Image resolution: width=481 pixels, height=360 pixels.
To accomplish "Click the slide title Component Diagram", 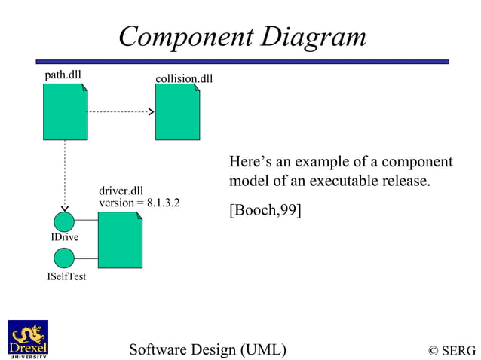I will pos(242,36).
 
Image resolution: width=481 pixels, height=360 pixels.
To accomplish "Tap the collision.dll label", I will pos(183,78).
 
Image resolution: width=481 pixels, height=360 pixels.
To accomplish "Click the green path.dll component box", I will pos(65,111).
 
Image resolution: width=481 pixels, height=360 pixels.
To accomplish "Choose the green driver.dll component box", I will pos(120,239).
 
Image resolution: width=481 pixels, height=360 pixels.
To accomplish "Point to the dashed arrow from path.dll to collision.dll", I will pos(121,112).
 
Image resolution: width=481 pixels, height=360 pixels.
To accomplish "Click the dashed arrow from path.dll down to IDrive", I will pos(65,173).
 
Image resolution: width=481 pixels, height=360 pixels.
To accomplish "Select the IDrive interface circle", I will pos(65,221).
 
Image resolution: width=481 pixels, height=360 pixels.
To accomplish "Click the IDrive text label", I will pos(65,238).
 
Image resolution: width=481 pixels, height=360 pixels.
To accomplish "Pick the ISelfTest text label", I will pos(66,276).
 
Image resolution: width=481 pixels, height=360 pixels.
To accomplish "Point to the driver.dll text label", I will pos(121,191).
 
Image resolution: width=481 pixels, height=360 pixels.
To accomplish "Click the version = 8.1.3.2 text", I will pos(139,203).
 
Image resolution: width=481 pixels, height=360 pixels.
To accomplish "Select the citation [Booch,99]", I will pos(265,210).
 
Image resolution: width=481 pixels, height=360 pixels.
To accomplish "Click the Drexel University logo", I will pos(28,340).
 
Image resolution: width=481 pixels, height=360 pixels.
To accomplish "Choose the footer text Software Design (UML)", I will pos(207,349).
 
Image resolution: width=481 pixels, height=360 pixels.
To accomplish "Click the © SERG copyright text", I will pos(452,350).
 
